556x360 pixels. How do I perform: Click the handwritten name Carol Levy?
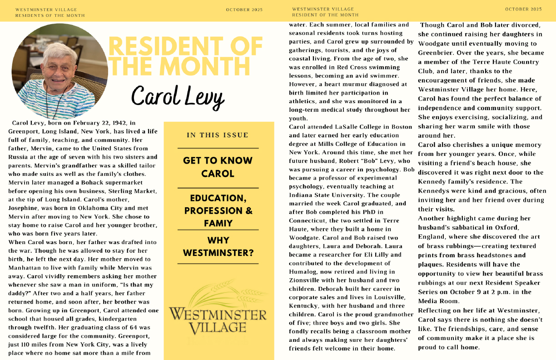(178, 97)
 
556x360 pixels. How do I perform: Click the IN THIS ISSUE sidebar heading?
(218, 135)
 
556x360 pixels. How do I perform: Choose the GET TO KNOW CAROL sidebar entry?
(218, 167)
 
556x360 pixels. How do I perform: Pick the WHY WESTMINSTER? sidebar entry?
(218, 247)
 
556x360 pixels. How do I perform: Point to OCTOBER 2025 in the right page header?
(523, 9)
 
